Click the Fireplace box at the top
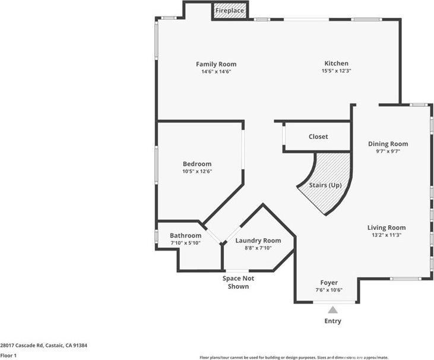230,11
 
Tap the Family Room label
216,64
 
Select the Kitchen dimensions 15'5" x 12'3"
336,71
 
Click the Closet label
318,137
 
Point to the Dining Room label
388,144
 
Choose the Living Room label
387,228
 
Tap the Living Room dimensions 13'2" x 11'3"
387,235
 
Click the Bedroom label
197,164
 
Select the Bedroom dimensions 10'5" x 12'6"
197,172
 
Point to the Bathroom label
185,235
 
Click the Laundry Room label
258,241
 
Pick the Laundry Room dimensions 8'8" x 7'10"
258,248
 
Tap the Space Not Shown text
236,282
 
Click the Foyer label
329,283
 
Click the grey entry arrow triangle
333,310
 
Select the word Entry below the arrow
333,321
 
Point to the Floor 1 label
8,355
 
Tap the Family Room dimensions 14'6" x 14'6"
216,72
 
